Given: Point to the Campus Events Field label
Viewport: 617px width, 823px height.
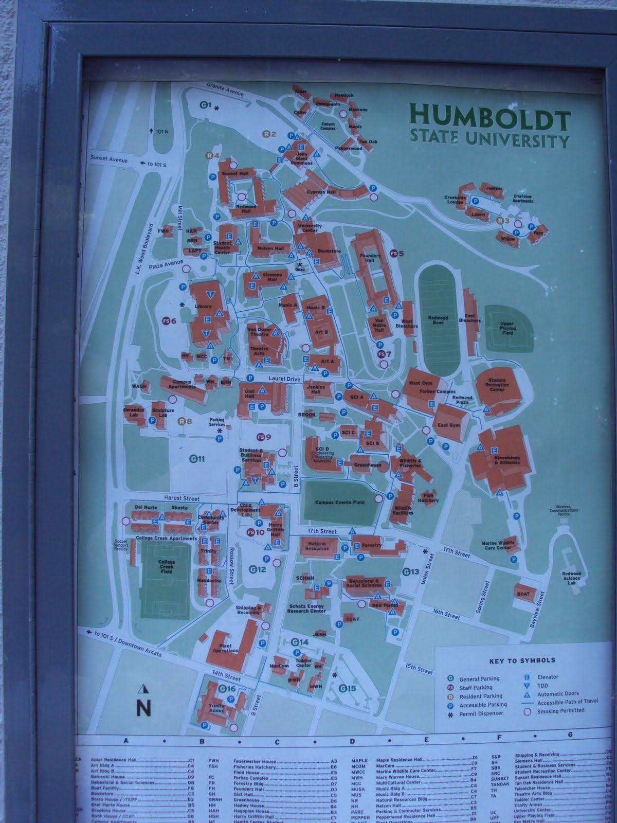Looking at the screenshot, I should [x=340, y=502].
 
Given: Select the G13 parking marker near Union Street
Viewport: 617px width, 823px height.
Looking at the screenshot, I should [x=411, y=571].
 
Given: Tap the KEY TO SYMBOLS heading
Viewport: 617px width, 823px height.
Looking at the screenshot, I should [x=518, y=660].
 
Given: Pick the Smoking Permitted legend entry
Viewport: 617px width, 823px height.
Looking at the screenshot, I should [x=561, y=710].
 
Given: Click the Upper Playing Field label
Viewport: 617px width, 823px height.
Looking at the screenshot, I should [x=507, y=328].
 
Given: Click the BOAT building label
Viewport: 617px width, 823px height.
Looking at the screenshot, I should [x=523, y=593].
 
